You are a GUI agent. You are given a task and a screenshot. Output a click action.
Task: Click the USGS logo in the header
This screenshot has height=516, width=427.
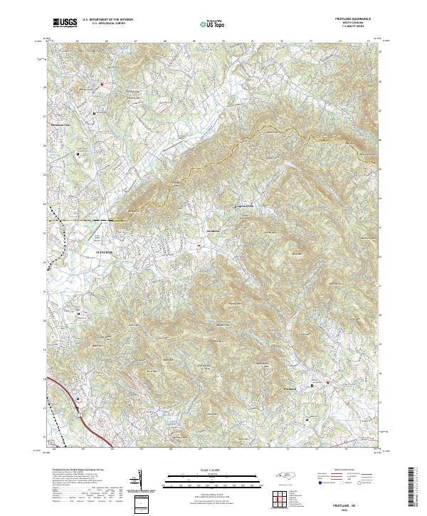65,23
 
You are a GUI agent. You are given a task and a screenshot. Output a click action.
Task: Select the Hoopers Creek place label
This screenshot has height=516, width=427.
244,206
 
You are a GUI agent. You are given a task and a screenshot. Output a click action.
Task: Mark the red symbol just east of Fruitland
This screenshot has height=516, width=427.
328,384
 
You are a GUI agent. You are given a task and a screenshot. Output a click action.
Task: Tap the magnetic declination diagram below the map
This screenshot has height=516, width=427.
139,480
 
